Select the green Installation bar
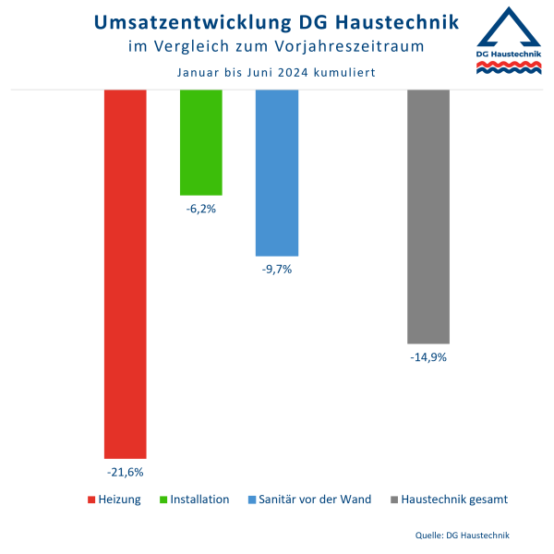click(200, 142)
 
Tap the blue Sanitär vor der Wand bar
click(277, 173)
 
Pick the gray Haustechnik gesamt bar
click(428, 217)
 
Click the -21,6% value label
click(126, 473)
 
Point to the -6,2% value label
click(200, 210)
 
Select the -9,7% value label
click(277, 270)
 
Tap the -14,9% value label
click(428, 357)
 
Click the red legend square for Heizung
click(91, 500)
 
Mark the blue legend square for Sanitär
click(253, 500)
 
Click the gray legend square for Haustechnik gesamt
click(395, 500)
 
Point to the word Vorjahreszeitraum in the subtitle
click(366, 45)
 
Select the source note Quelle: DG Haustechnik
click(463, 535)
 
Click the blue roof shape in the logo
click(507, 28)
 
